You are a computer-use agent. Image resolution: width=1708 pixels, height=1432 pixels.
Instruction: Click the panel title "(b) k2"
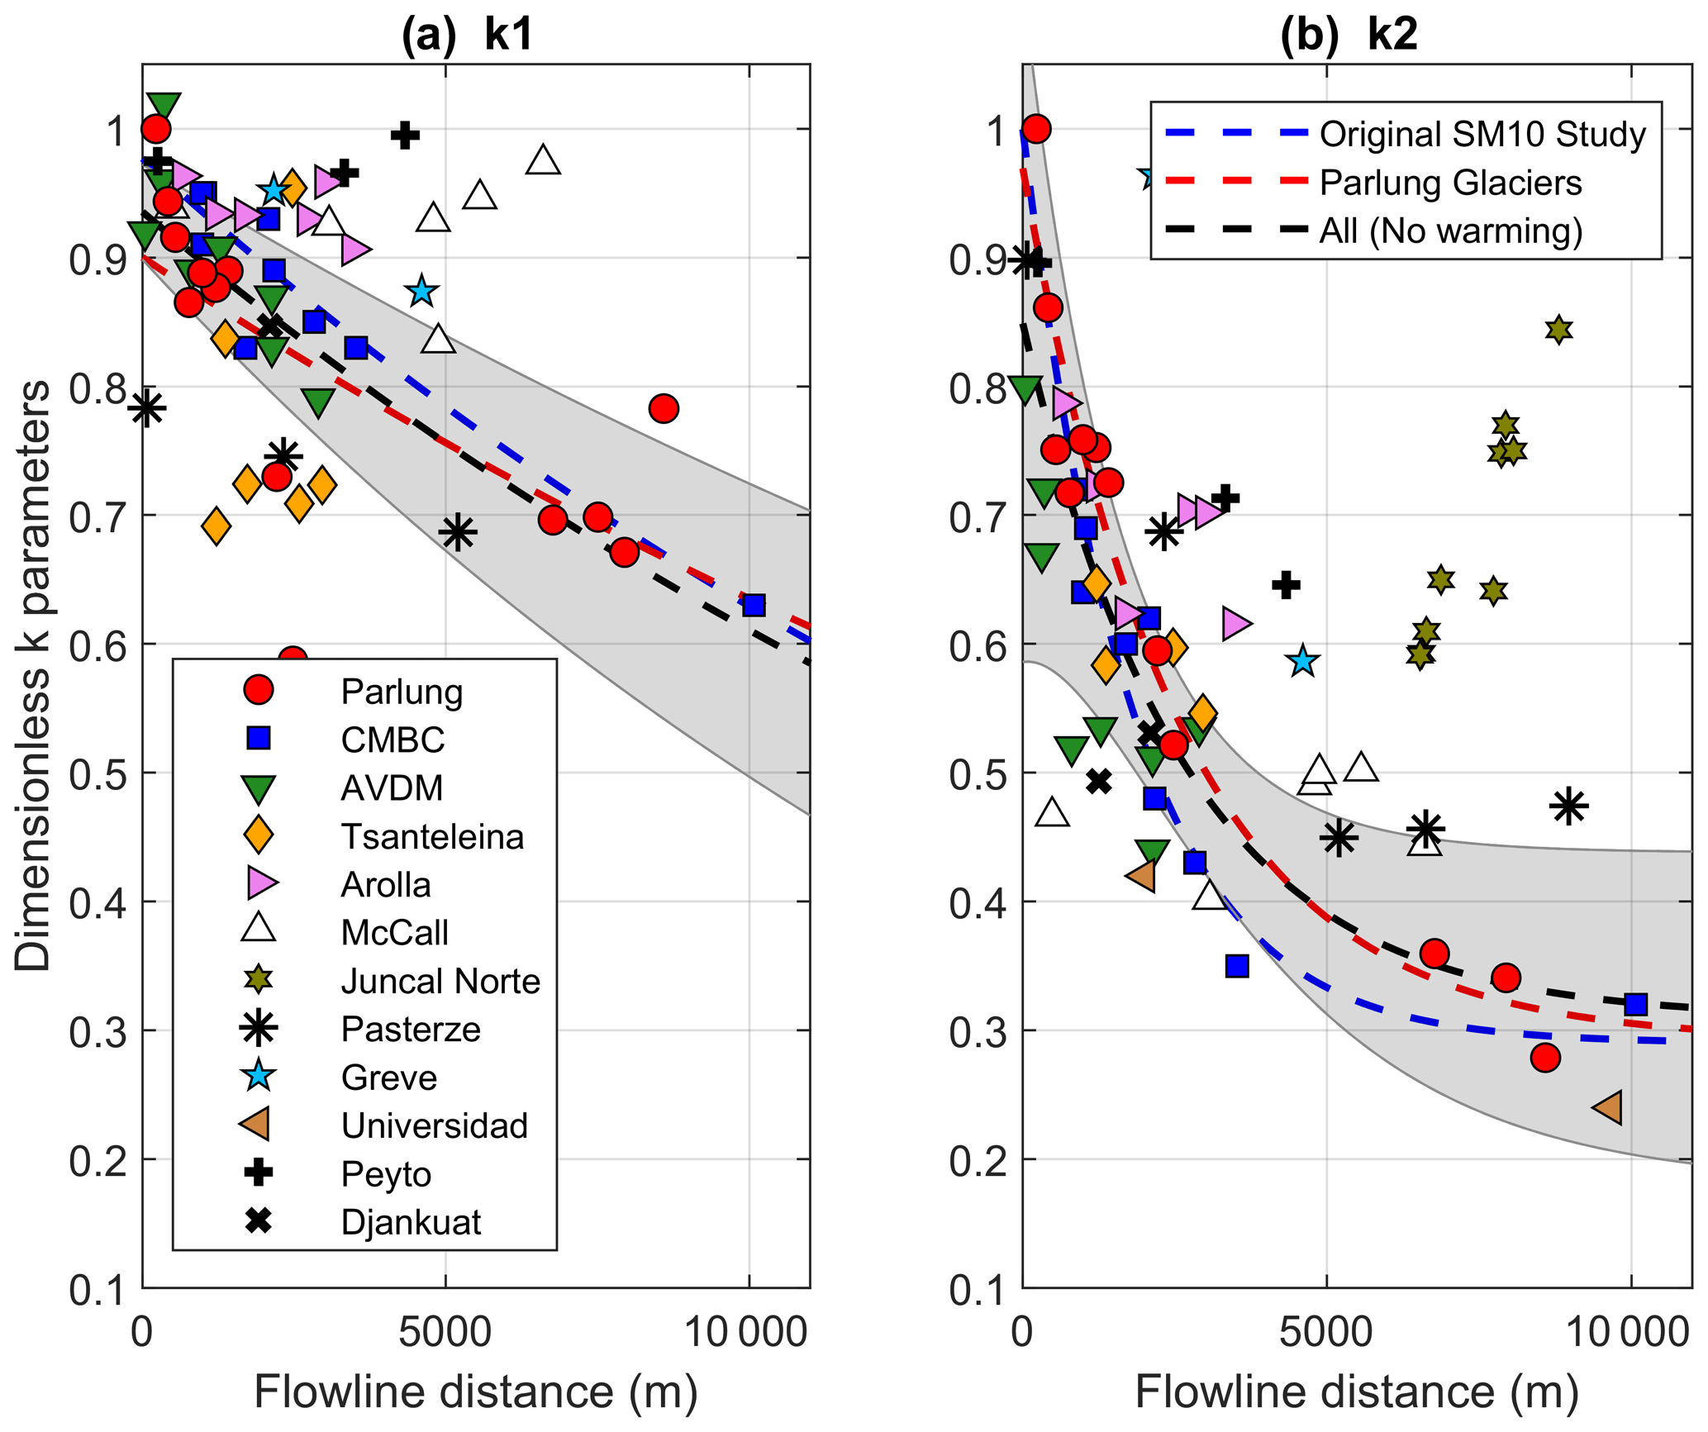click(1349, 35)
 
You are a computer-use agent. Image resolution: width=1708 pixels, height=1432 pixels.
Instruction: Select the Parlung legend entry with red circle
click(402, 692)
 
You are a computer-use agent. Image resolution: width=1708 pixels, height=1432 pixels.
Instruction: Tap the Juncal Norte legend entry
click(440, 981)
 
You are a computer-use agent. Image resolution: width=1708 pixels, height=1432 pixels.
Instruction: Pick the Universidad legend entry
click(434, 1125)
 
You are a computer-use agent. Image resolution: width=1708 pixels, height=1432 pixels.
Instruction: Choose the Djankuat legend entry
click(411, 1222)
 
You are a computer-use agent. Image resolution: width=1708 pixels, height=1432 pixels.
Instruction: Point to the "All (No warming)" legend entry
click(1450, 231)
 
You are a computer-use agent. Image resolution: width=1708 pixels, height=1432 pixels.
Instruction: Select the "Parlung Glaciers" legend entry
click(1450, 183)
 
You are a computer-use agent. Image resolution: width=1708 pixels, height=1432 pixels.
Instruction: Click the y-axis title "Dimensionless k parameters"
click(33, 676)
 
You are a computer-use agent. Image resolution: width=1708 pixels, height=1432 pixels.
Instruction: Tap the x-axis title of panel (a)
click(475, 1392)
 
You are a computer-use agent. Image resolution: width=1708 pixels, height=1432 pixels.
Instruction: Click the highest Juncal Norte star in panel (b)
click(1558, 330)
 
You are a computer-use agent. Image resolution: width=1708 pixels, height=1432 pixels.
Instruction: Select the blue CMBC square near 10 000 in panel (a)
click(754, 606)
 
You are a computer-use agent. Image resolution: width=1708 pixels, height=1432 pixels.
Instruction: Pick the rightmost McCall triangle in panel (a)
click(543, 159)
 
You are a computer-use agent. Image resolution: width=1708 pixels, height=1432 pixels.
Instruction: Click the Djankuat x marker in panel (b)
click(1098, 781)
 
